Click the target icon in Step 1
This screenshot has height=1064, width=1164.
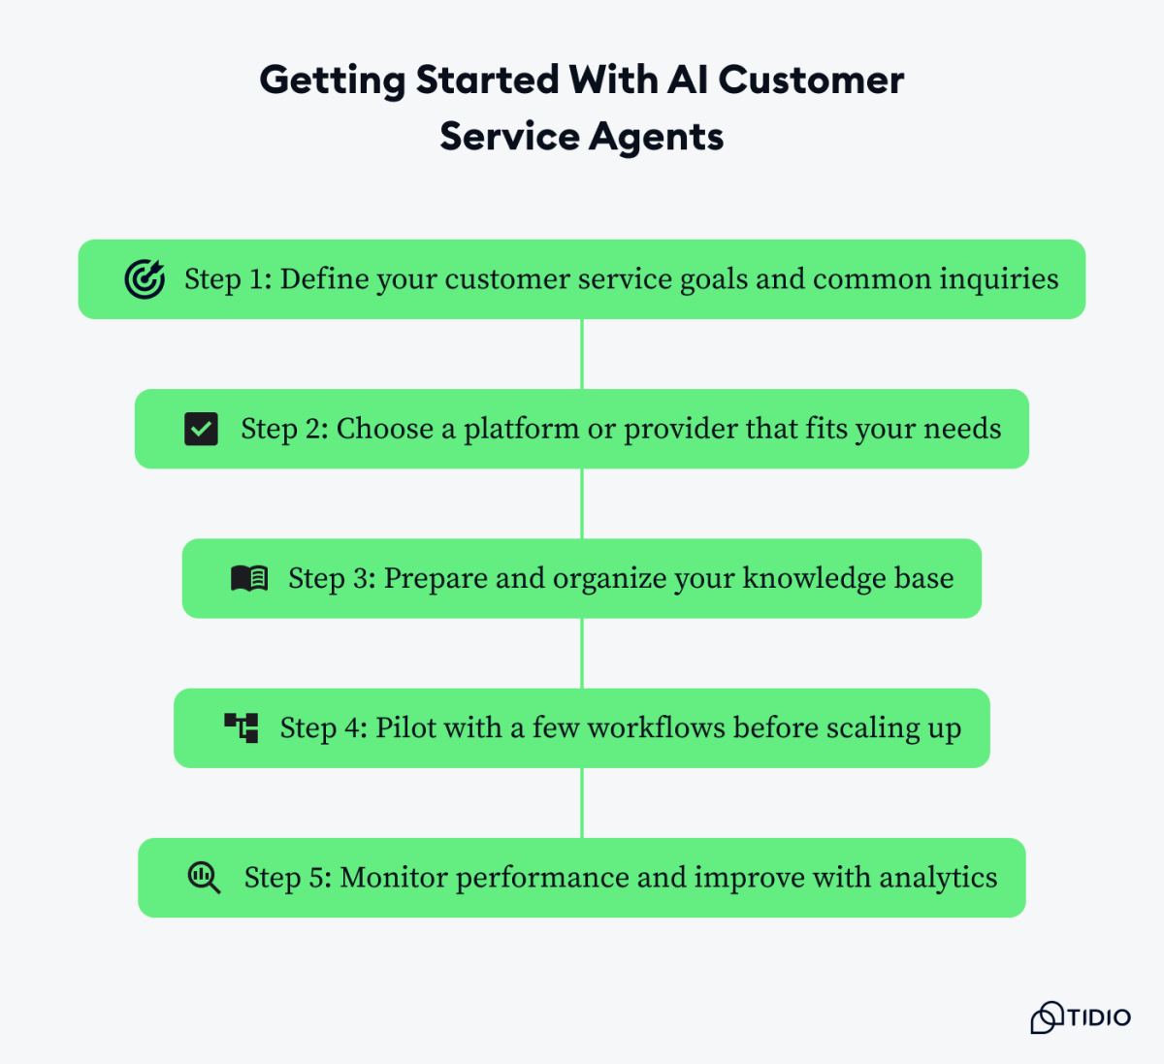click(145, 279)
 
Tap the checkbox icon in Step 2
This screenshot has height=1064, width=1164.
click(201, 429)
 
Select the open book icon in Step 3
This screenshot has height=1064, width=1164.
click(249, 578)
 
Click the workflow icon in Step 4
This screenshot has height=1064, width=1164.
click(242, 727)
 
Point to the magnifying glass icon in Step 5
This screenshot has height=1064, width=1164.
click(204, 878)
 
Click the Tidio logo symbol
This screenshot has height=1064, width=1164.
click(1046, 1017)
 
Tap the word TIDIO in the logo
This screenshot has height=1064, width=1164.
click(1099, 1017)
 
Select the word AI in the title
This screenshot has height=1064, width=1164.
click(688, 80)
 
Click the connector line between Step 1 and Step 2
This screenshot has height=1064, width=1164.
click(582, 354)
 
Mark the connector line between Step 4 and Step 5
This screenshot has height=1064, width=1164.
click(582, 803)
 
